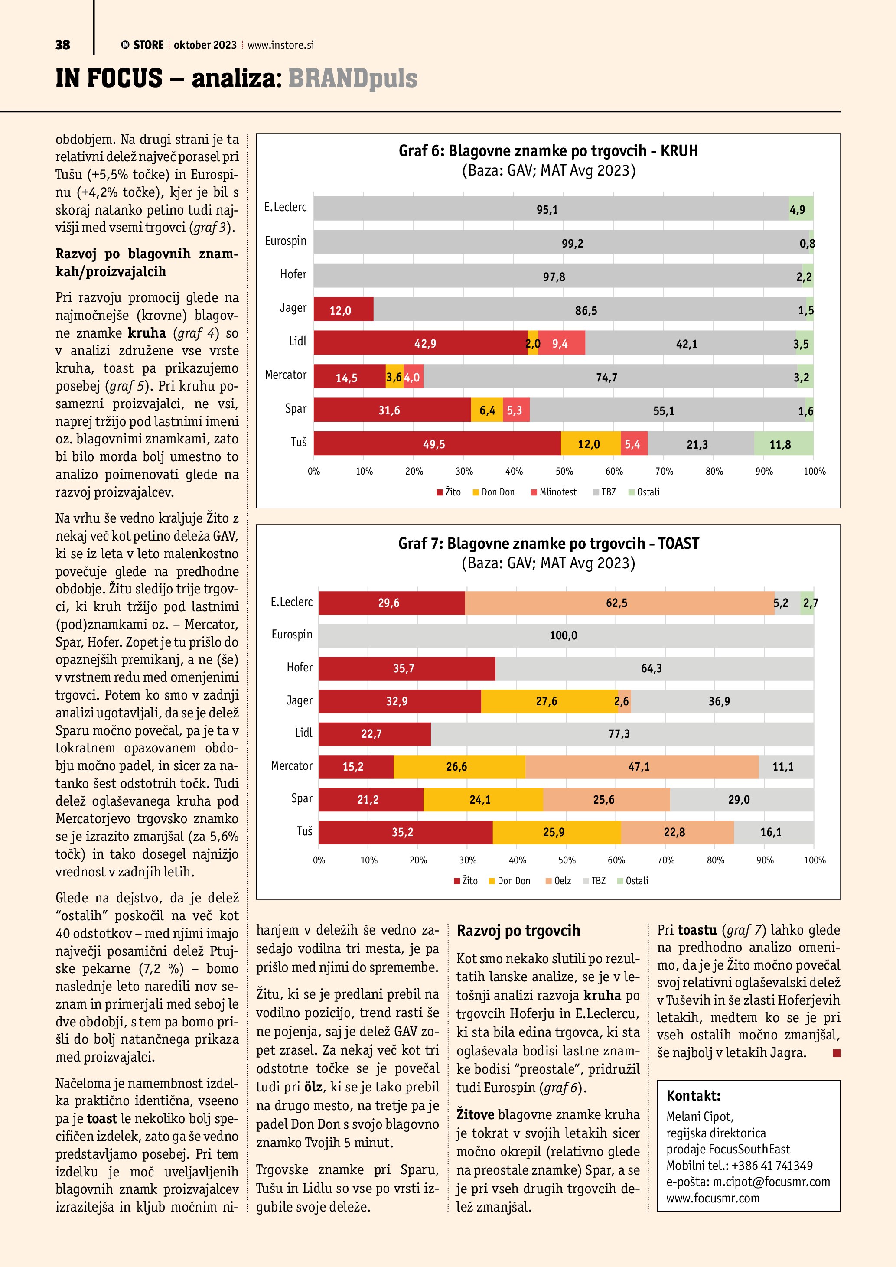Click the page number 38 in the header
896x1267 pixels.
point(62,45)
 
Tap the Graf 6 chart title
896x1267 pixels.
point(548,151)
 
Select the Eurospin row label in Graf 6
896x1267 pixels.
point(285,241)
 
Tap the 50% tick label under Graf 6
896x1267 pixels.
point(564,471)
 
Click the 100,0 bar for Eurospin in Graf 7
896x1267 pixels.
point(564,635)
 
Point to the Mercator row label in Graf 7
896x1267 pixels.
point(291,765)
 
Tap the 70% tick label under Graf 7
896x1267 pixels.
point(665,860)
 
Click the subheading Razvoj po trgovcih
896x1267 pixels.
point(518,930)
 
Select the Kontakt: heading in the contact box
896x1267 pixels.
point(693,1095)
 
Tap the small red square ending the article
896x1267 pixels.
point(836,1053)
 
